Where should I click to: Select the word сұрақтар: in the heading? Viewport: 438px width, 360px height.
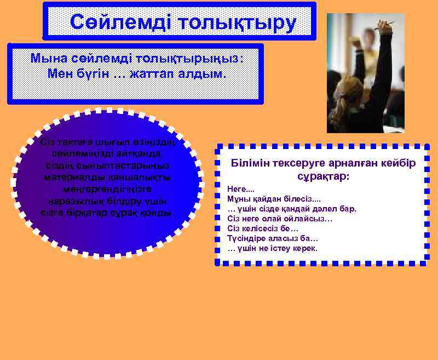[x=323, y=178]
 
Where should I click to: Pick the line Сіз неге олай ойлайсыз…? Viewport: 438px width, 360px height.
[x=280, y=219]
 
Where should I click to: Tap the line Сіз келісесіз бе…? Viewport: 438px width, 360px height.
[x=263, y=228]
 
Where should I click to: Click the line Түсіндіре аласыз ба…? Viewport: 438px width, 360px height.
[x=273, y=238]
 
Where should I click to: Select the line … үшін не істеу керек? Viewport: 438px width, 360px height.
[x=272, y=248]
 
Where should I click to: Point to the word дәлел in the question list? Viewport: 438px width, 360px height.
[x=318, y=209]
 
